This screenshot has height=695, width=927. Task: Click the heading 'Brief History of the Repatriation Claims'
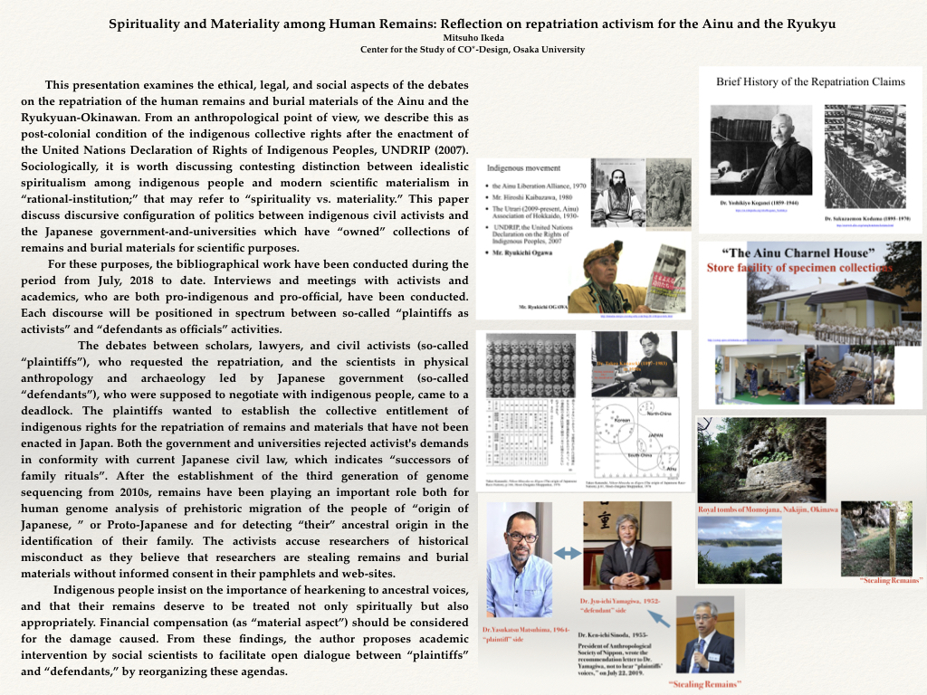(x=810, y=81)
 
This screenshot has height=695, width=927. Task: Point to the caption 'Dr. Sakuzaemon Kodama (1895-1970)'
(x=868, y=219)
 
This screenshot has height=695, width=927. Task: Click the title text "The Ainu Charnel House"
(x=783, y=252)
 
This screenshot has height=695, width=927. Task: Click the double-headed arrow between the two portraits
(x=568, y=553)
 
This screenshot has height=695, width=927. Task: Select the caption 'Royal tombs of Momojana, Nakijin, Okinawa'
(x=768, y=509)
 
